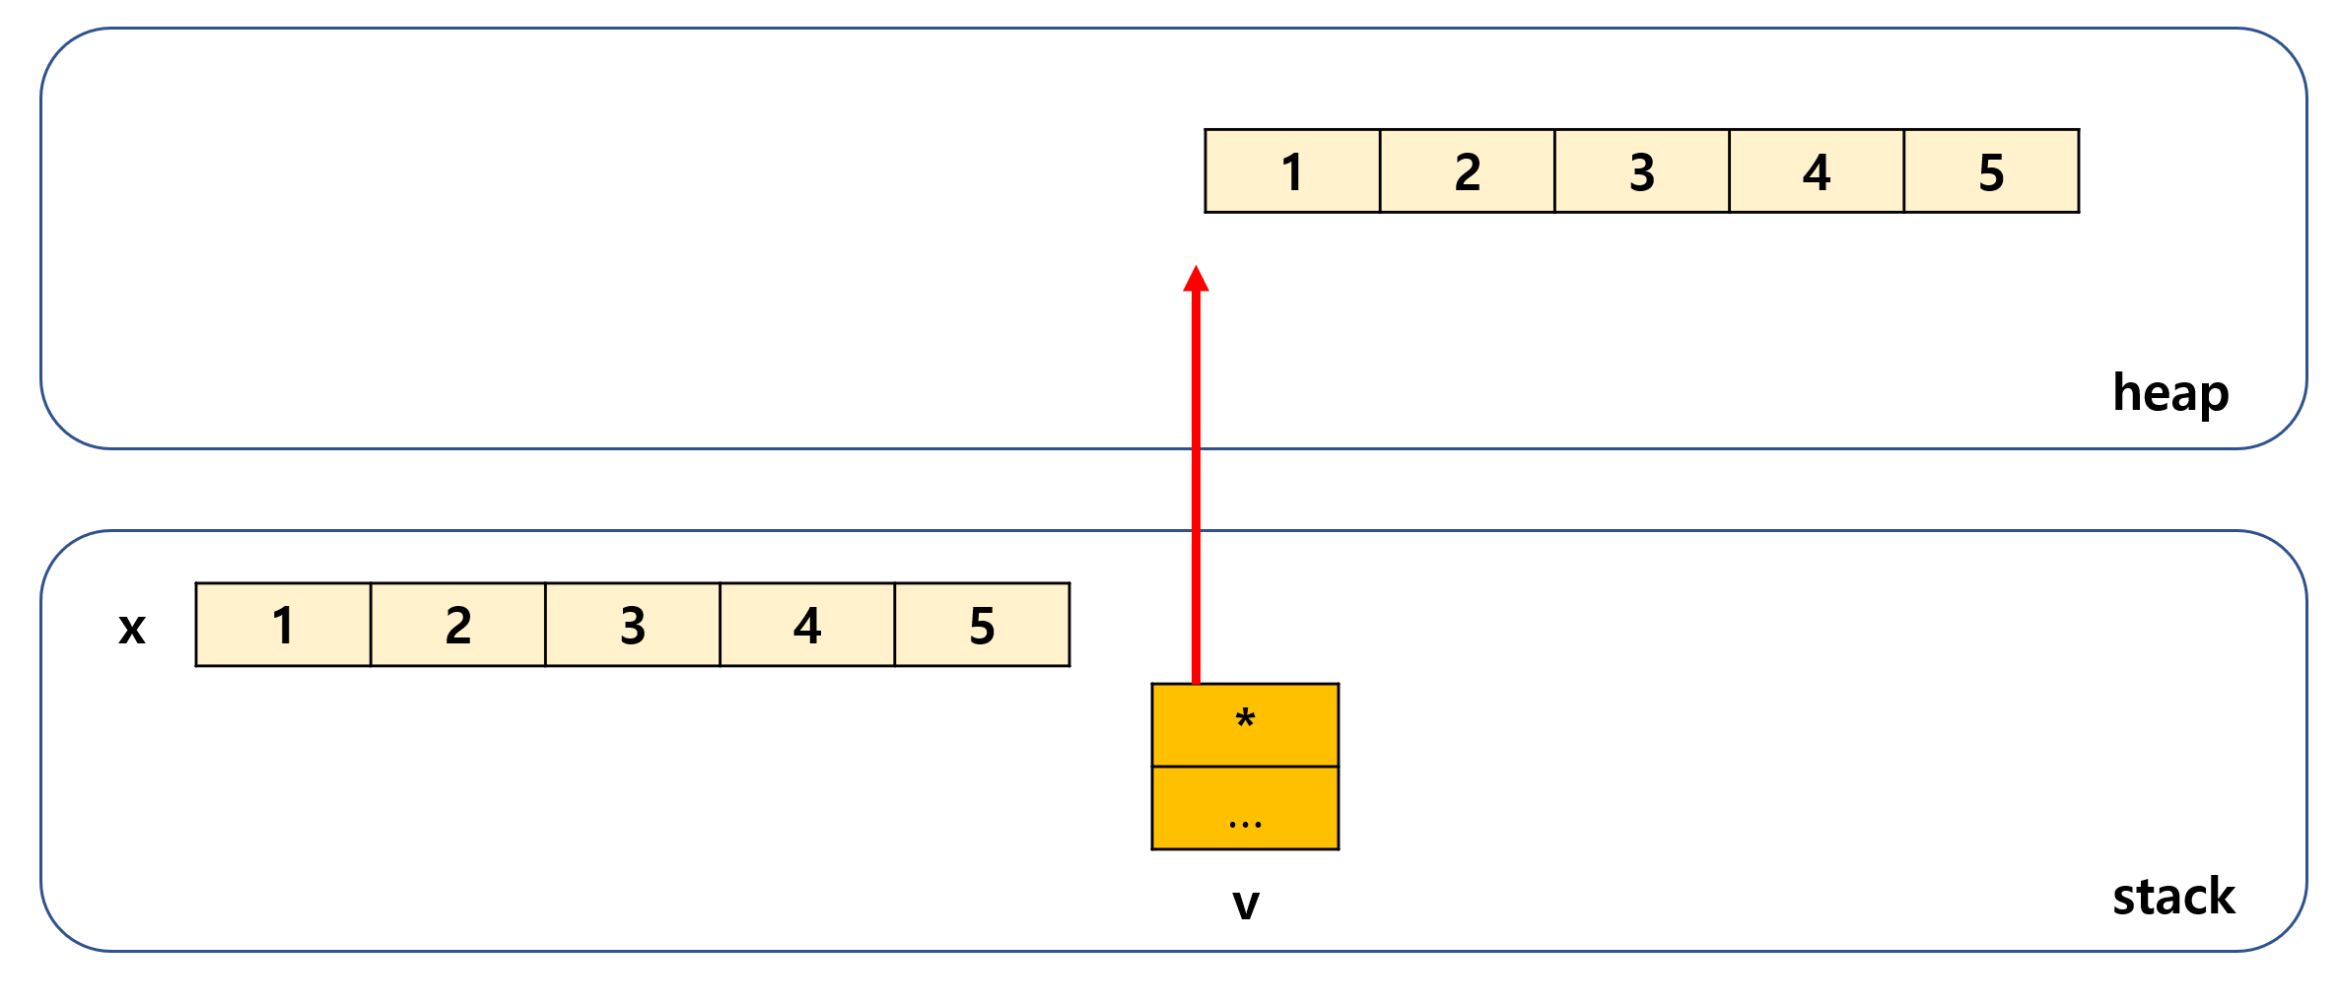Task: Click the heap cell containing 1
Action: pos(1292,171)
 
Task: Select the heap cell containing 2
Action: pos(1467,171)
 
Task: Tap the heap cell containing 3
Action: pos(1641,171)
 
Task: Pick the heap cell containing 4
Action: pos(1816,171)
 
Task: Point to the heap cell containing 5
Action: pos(1991,171)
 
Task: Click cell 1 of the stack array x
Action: pos(283,625)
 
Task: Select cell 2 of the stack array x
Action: pos(457,625)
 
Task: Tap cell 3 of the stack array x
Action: pos(632,625)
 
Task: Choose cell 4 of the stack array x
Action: pos(807,625)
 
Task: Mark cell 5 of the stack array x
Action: pos(982,625)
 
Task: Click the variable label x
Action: pos(132,628)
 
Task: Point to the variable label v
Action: pos(1246,903)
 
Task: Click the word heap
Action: pos(2170,393)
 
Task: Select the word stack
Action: pos(2173,897)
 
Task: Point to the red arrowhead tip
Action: pos(1196,268)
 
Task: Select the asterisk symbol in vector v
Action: pos(1245,719)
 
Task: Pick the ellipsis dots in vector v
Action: pos(1245,824)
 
